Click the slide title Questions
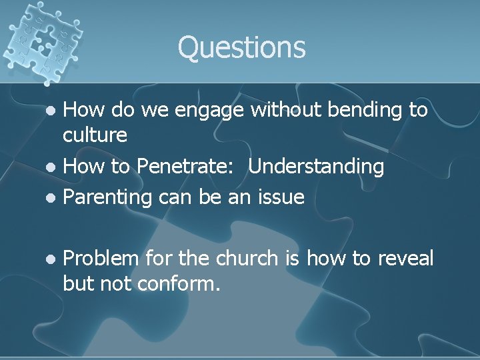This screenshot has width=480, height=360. pyautogui.click(x=241, y=47)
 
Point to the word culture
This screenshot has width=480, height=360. pyautogui.click(x=95, y=135)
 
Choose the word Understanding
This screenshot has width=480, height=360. pyautogui.click(x=317, y=167)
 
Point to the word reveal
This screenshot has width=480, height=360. pyautogui.click(x=405, y=258)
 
